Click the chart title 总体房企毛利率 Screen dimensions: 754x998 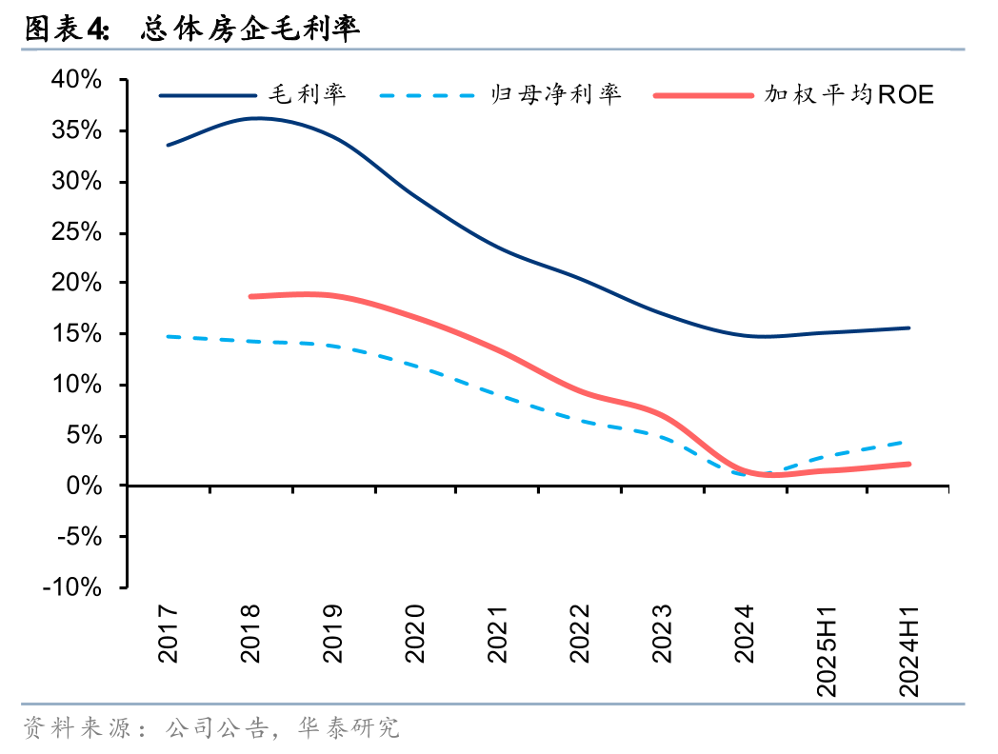click(x=249, y=30)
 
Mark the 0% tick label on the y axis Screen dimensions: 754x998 click(x=83, y=486)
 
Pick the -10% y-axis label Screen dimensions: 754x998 click(x=70, y=587)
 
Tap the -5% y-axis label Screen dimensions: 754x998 click(x=76, y=537)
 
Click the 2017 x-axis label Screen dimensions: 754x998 click(x=168, y=633)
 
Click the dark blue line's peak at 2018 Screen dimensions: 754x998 click(x=255, y=118)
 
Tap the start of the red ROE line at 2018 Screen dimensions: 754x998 click(x=250, y=296)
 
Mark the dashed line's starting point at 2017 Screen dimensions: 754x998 click(x=168, y=336)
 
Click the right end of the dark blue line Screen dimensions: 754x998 click(x=908, y=327)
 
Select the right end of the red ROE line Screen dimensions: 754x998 click(x=908, y=464)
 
